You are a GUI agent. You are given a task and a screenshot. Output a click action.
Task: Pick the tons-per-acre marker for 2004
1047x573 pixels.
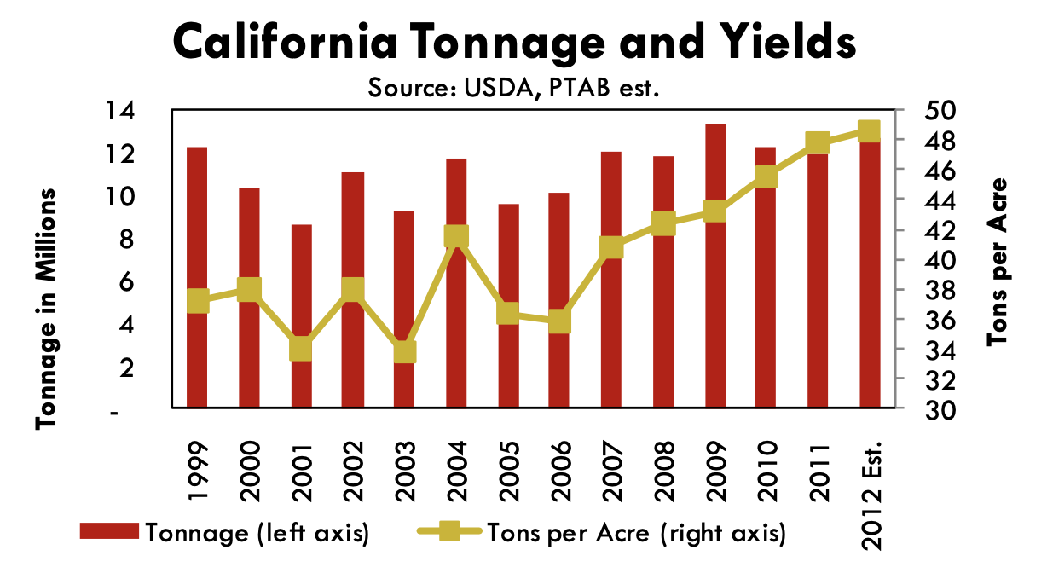click(x=456, y=237)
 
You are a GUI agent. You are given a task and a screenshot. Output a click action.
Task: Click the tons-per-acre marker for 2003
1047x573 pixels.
click(x=404, y=351)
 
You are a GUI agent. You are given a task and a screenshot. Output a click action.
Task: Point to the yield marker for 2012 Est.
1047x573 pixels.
click(x=869, y=130)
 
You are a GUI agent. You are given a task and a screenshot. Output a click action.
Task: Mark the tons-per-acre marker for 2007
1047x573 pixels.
click(x=611, y=248)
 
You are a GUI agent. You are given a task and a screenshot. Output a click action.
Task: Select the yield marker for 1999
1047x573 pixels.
click(x=197, y=300)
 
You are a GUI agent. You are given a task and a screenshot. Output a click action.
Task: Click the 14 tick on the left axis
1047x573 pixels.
click(x=119, y=111)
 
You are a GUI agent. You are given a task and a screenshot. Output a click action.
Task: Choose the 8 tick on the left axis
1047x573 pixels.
click(x=126, y=240)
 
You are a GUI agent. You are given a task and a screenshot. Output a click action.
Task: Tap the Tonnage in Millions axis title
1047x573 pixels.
click(x=48, y=308)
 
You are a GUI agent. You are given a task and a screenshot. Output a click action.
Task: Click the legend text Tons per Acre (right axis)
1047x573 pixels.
click(x=634, y=534)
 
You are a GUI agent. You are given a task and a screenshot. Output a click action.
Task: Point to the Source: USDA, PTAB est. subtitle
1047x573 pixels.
click(x=514, y=87)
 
